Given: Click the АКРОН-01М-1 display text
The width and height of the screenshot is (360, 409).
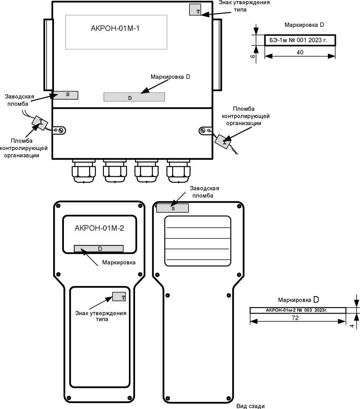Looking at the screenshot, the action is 115,28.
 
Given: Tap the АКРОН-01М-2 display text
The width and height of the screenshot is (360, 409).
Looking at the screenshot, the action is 99,228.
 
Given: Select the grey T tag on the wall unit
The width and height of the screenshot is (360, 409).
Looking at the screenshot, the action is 195,10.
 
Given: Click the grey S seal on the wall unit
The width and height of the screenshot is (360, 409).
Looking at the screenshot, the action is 65,95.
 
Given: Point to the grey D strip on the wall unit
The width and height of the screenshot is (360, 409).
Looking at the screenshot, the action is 134,97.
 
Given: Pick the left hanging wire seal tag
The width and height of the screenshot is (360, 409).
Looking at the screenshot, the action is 40,123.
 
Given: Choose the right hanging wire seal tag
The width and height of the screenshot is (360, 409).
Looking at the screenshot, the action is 223,141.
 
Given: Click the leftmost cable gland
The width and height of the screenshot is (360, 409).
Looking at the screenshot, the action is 84,171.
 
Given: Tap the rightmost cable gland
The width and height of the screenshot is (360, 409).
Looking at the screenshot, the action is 178,171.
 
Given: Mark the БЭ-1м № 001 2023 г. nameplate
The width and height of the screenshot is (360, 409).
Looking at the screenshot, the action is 300,40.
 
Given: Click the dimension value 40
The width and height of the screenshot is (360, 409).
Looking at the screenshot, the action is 300,52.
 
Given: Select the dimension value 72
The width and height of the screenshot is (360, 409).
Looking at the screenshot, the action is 295,318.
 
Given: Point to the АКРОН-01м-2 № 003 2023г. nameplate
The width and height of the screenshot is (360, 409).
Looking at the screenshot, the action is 298,310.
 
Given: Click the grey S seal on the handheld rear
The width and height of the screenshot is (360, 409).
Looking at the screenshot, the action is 173,208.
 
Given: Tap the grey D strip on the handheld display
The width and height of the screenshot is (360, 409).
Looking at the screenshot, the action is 99,249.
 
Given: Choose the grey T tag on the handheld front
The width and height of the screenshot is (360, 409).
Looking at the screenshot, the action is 119,296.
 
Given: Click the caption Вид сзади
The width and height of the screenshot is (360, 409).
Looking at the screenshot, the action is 250,406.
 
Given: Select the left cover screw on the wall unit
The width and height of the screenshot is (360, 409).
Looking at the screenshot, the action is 62,130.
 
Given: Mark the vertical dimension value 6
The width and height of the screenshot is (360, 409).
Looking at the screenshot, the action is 252,56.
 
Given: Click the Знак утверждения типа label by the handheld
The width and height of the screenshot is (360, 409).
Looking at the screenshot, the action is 101,316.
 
